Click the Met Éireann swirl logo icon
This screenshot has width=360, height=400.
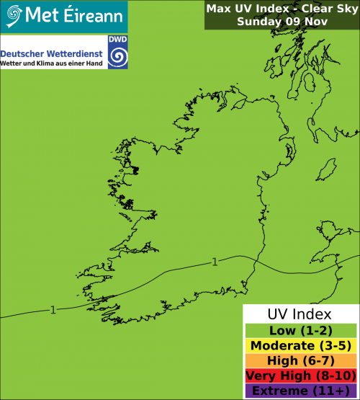pyautogui.click(x=13, y=14)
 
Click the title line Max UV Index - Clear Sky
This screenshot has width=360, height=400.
pyautogui.click(x=280, y=9)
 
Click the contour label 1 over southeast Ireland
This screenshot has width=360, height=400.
pyautogui.click(x=215, y=262)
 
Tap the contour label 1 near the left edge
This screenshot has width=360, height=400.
pyautogui.click(x=53, y=310)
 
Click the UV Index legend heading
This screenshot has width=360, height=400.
pyautogui.click(x=300, y=315)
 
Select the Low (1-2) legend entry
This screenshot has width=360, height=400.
pyautogui.click(x=300, y=331)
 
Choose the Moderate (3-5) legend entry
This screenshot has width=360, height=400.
pyautogui.click(x=300, y=346)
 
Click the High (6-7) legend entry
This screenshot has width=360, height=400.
pyautogui.click(x=300, y=361)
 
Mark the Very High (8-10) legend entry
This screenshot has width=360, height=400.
pyautogui.click(x=300, y=376)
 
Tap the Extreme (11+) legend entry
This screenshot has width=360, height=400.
pyautogui.click(x=300, y=391)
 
